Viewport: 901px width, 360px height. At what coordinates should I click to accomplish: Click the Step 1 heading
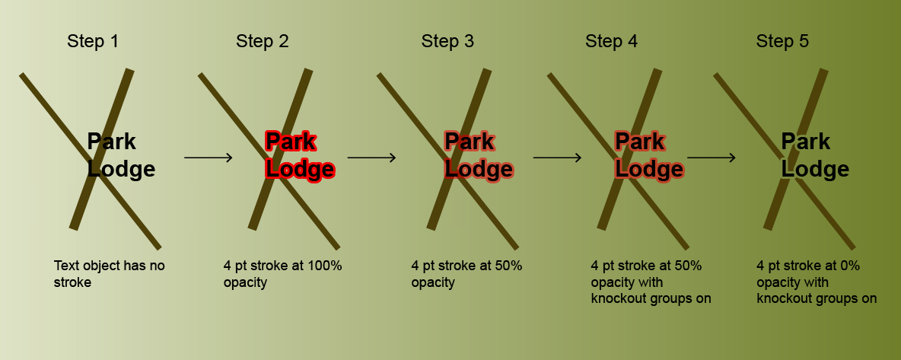tap(93, 41)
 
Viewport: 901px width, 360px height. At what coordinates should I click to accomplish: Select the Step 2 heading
tap(263, 41)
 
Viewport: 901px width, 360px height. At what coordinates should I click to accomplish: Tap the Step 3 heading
tap(447, 41)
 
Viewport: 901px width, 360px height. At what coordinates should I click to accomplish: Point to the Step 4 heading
tap(612, 41)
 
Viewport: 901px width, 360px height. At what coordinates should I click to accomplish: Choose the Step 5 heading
tap(782, 41)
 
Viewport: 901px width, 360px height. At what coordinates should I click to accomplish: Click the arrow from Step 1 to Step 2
tap(208, 158)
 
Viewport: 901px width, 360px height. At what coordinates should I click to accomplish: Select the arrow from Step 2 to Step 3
tap(371, 158)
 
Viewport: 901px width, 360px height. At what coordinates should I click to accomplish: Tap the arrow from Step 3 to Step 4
tap(557, 158)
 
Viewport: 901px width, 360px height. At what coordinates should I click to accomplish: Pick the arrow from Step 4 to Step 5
tap(712, 158)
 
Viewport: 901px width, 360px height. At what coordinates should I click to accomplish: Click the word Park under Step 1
tap(112, 142)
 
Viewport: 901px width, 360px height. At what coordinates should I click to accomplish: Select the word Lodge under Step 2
tap(299, 169)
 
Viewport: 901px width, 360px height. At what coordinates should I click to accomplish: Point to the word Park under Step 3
tap(470, 142)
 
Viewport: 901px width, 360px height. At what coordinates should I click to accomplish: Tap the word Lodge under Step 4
tap(648, 169)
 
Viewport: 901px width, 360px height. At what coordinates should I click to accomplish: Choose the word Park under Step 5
tap(806, 142)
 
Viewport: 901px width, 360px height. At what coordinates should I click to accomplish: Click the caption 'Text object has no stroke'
tap(109, 274)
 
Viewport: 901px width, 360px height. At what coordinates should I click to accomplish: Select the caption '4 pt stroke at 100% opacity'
tap(283, 274)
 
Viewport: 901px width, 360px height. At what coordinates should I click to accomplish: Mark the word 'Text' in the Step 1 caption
tap(66, 266)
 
